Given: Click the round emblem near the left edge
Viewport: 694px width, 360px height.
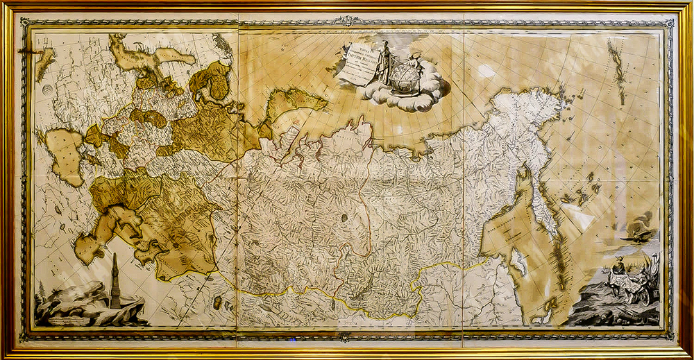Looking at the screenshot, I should (46, 89).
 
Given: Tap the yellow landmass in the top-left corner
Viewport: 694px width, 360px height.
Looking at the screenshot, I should (44, 62).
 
